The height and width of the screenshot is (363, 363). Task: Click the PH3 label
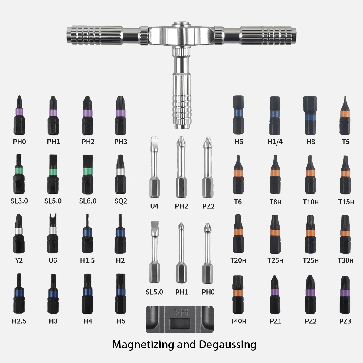tap(121, 142)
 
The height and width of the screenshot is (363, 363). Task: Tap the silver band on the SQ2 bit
tap(121, 172)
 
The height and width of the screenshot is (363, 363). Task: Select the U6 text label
tap(53, 260)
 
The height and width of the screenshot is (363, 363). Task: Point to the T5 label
tap(346, 142)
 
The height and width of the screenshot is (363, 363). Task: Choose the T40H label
tap(238, 321)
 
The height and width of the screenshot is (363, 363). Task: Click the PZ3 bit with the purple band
tap(345, 295)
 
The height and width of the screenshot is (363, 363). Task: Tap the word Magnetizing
tap(143, 344)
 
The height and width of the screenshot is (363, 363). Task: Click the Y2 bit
tap(19, 234)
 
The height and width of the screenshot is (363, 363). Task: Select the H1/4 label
tap(275, 142)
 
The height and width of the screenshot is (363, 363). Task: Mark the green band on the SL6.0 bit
tap(88, 171)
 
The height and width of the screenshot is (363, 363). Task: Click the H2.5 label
tap(19, 321)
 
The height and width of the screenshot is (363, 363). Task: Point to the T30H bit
tap(345, 234)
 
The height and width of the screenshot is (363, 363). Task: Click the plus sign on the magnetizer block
tap(175, 312)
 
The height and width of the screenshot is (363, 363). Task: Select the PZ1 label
tap(275, 321)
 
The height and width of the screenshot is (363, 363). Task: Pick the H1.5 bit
tap(87, 233)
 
